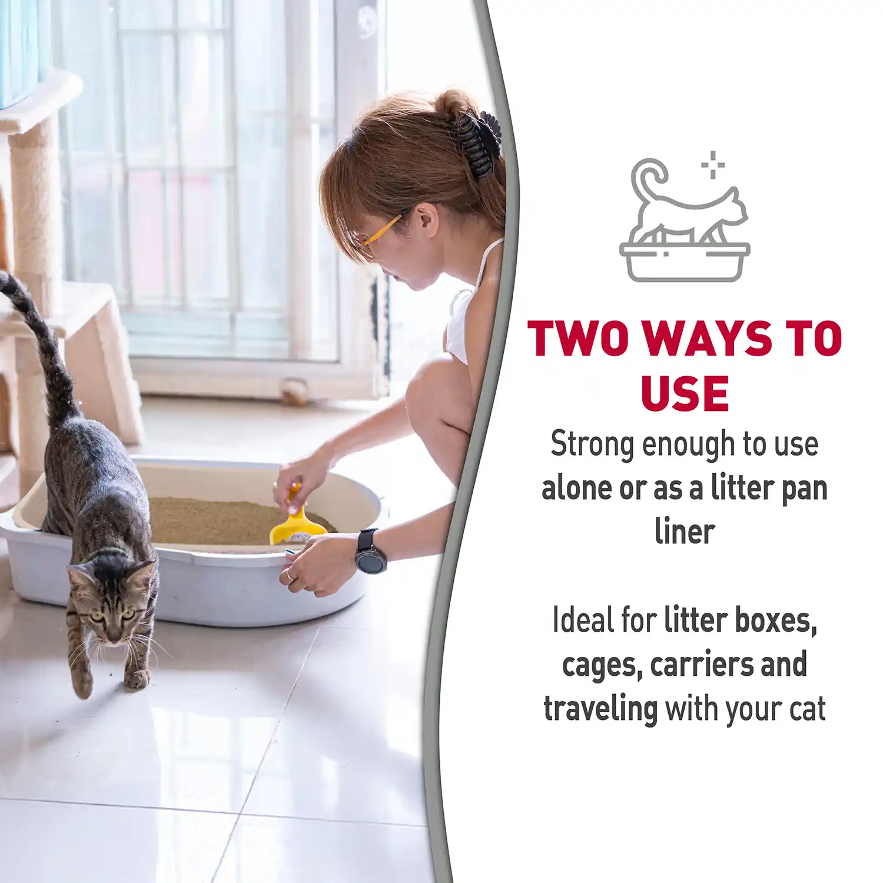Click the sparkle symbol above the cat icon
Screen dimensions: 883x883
tap(713, 164)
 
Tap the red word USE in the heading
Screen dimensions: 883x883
tap(685, 393)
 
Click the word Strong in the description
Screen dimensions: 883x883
tap(591, 445)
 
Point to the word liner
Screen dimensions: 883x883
tap(685, 532)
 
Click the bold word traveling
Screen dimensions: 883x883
tap(600, 709)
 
